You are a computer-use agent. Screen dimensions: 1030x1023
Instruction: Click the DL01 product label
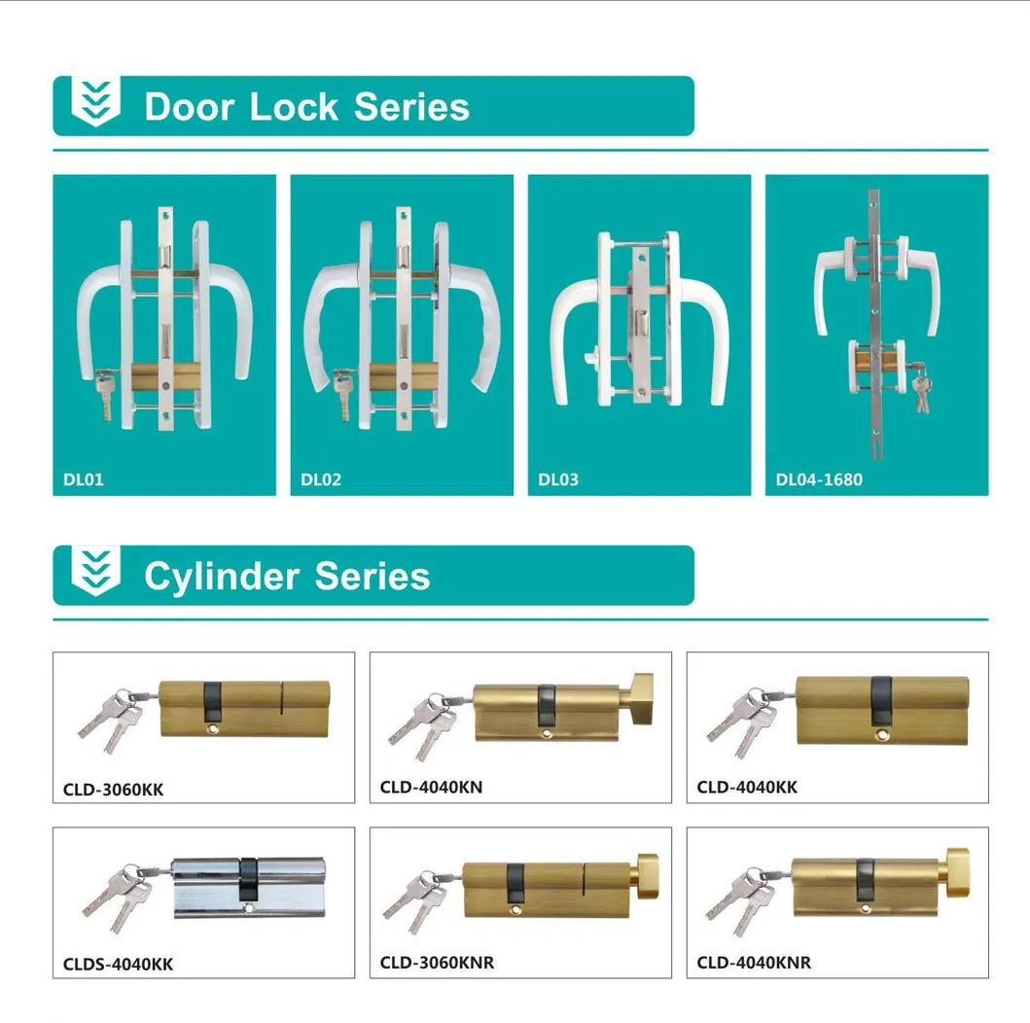pyautogui.click(x=84, y=479)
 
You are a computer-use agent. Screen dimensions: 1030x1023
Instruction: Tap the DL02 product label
pyautogui.click(x=321, y=479)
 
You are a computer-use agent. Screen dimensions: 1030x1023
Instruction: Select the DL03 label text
pyautogui.click(x=558, y=479)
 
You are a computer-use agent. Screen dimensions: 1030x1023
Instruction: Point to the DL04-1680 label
pyautogui.click(x=819, y=479)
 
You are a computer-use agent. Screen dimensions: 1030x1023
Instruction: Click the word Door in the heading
pyautogui.click(x=190, y=106)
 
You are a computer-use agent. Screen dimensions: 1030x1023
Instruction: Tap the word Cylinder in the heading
pyautogui.click(x=222, y=578)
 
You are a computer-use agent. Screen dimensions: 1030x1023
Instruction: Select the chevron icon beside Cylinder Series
pyautogui.click(x=96, y=571)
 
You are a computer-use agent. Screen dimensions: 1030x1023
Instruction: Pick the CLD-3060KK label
pyautogui.click(x=113, y=790)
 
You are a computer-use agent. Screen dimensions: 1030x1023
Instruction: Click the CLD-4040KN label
pyautogui.click(x=431, y=787)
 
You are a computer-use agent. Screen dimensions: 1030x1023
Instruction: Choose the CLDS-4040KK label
pyautogui.click(x=119, y=964)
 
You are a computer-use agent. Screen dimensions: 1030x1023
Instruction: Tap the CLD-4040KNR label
pyautogui.click(x=754, y=963)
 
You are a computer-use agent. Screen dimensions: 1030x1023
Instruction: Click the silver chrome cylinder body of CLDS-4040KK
pyautogui.click(x=249, y=887)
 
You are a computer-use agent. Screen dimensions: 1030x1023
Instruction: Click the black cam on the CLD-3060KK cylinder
pyautogui.click(x=212, y=700)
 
